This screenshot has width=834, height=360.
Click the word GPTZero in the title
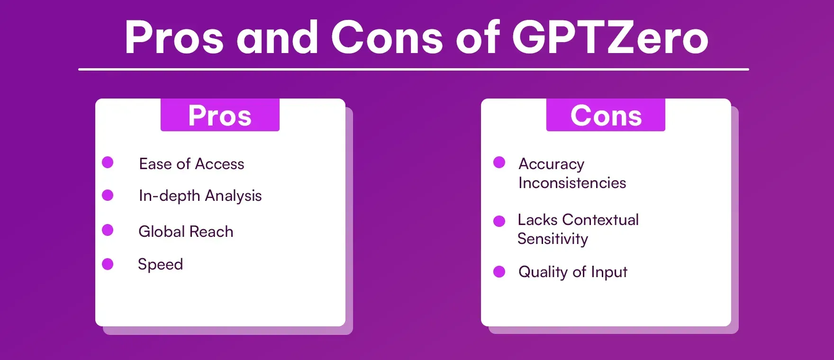coord(610,38)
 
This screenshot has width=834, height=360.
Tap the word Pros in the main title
coord(174,38)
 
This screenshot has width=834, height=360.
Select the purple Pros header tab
coord(220,115)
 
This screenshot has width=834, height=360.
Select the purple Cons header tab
coord(606,115)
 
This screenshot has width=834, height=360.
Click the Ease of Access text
coord(191,164)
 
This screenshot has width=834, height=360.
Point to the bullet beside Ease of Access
coord(108,162)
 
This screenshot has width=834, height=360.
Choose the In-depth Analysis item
coord(200,196)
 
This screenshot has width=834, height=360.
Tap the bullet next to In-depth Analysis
coord(108,195)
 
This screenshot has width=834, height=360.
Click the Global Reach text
coord(186,232)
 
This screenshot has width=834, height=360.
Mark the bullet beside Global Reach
coord(108,230)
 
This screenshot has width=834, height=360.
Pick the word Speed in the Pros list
coord(160,264)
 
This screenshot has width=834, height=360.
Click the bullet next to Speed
coord(108,264)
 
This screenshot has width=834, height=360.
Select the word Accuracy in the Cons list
coord(551,164)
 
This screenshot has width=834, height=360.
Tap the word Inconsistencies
coord(572,183)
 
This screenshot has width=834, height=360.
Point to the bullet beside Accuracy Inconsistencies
coord(499,162)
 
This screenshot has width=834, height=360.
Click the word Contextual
coord(600,220)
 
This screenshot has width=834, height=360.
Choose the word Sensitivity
coord(553,239)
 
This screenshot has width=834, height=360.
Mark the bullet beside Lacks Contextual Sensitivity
coord(499,221)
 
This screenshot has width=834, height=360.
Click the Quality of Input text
coord(572,272)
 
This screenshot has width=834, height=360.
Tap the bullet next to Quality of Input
coord(499,271)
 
